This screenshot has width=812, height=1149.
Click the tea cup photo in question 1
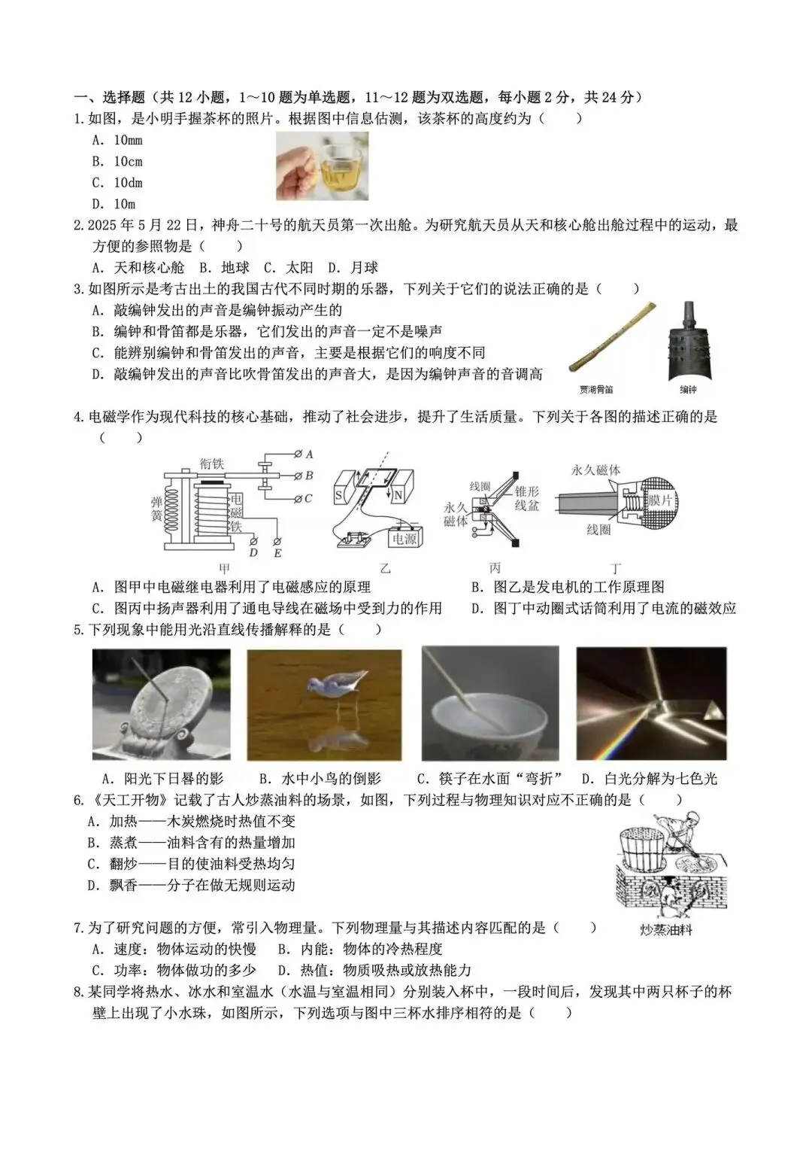[322, 166]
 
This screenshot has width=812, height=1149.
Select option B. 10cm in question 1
[117, 162]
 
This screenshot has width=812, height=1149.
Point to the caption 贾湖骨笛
[595, 390]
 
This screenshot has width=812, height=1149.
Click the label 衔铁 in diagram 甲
[212, 464]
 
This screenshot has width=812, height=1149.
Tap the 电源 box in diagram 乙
[404, 538]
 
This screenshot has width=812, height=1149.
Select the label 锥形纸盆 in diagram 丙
[526, 498]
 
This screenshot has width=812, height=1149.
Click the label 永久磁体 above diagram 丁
[596, 470]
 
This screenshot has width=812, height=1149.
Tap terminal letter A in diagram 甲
[309, 454]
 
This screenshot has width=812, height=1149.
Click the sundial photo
[161, 704]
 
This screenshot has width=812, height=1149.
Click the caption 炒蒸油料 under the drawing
[666, 930]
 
